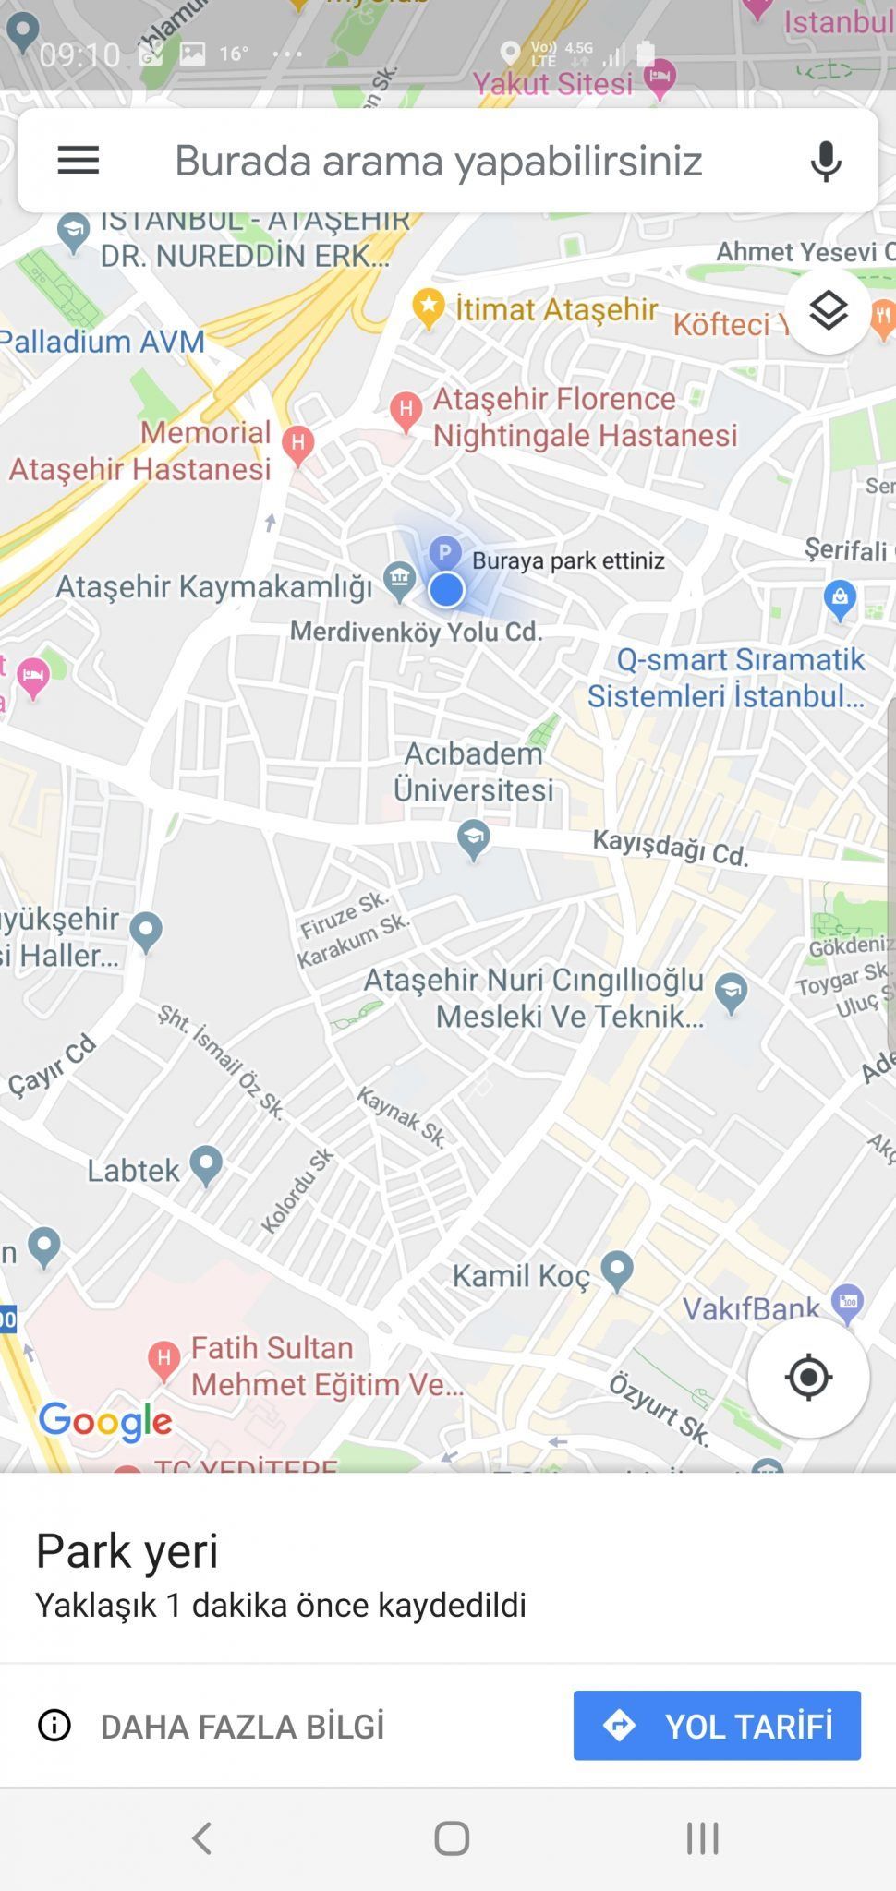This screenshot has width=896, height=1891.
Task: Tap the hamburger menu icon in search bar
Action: [x=78, y=161]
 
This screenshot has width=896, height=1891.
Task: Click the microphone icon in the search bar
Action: [x=826, y=161]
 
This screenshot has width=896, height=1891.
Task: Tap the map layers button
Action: [x=828, y=311]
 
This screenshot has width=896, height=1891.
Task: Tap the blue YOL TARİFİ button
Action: [x=717, y=1725]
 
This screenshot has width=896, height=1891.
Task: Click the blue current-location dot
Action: [x=446, y=589]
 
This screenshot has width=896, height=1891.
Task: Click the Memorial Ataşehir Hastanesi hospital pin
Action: [x=297, y=443]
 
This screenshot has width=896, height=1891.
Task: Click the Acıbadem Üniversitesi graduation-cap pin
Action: [x=474, y=838]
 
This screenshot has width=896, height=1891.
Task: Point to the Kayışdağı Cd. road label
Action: [x=671, y=846]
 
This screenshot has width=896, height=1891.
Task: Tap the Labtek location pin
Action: [x=205, y=1165]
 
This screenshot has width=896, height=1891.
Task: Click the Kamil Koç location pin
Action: [x=616, y=1270]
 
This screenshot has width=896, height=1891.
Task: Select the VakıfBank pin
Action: [x=847, y=1302]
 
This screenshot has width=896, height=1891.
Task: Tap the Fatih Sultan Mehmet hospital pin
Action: [x=163, y=1358]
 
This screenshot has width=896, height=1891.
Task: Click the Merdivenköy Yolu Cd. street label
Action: [x=416, y=632]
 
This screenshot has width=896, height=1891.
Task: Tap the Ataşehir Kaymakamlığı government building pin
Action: [x=399, y=581]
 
